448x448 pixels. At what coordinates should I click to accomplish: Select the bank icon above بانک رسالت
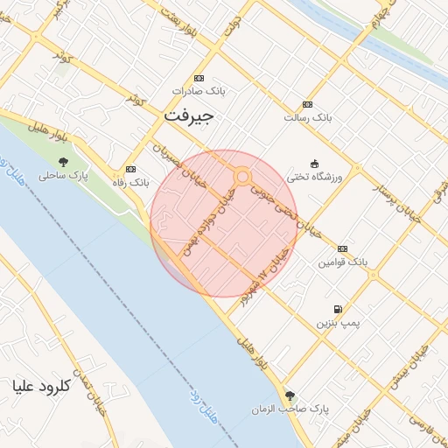(307, 102)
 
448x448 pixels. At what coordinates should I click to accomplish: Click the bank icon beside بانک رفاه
(131, 169)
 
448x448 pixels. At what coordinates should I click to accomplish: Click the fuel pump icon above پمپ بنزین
(338, 309)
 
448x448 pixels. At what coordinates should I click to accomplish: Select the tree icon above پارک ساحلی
(63, 161)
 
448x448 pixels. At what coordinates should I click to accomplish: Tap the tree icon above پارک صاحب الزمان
(290, 395)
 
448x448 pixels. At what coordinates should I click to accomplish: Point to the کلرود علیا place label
(40, 385)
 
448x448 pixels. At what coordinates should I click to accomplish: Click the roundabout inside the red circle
(242, 177)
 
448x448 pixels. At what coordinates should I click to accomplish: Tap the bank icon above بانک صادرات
(199, 78)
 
